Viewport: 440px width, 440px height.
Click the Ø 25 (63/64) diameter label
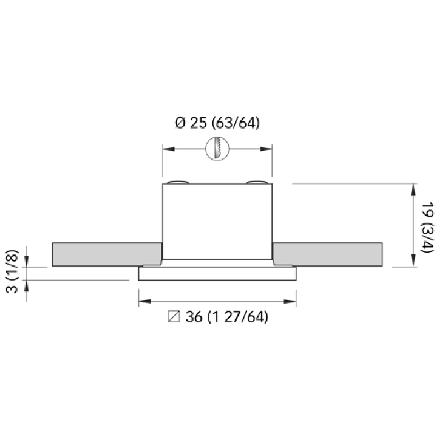(x=217, y=123)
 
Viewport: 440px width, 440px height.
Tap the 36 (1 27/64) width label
(x=227, y=317)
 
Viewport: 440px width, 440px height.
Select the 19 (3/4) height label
(x=428, y=227)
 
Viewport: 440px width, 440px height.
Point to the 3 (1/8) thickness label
(x=12, y=271)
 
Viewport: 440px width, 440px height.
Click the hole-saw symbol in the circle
(x=217, y=148)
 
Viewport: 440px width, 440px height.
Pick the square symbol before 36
(x=174, y=317)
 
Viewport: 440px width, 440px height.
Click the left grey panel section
(x=107, y=255)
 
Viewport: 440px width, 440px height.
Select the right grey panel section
(x=328, y=255)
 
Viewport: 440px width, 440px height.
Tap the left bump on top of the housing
(x=177, y=182)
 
